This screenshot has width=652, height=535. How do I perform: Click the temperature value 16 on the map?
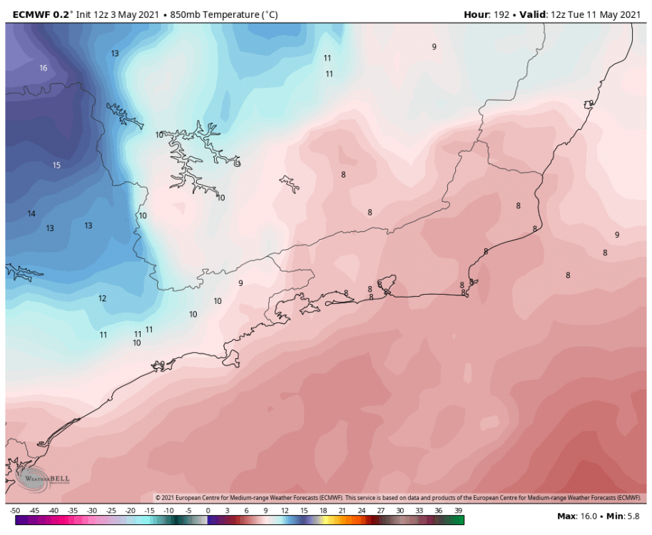click(x=44, y=68)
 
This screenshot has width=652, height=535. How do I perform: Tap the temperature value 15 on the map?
click(x=56, y=165)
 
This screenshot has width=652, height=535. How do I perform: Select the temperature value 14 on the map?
click(x=31, y=214)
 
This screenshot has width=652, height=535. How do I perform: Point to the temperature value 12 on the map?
click(x=102, y=299)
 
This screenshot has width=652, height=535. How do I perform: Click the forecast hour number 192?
click(x=501, y=14)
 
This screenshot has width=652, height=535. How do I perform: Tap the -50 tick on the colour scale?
click(x=15, y=511)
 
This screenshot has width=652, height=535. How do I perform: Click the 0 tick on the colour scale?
click(x=208, y=511)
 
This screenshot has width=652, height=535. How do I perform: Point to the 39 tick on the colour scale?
click(x=458, y=511)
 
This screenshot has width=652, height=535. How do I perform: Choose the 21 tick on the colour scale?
click(x=342, y=511)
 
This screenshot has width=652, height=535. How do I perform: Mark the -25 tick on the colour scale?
click(x=111, y=511)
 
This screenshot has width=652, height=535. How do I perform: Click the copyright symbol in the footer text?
click(x=158, y=497)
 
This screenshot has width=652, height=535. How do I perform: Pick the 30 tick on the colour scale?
click(x=400, y=511)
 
